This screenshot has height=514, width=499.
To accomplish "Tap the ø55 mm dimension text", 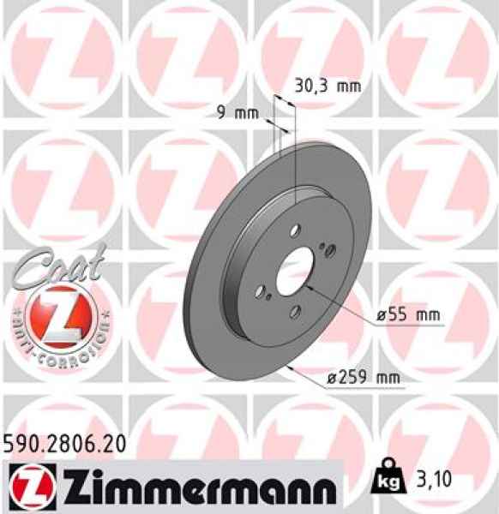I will pyautogui.click(x=408, y=316).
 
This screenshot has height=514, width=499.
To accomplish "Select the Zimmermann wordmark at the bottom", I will pyautogui.click(x=188, y=488).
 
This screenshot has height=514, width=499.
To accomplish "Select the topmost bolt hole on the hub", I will pyautogui.click(x=294, y=229).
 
